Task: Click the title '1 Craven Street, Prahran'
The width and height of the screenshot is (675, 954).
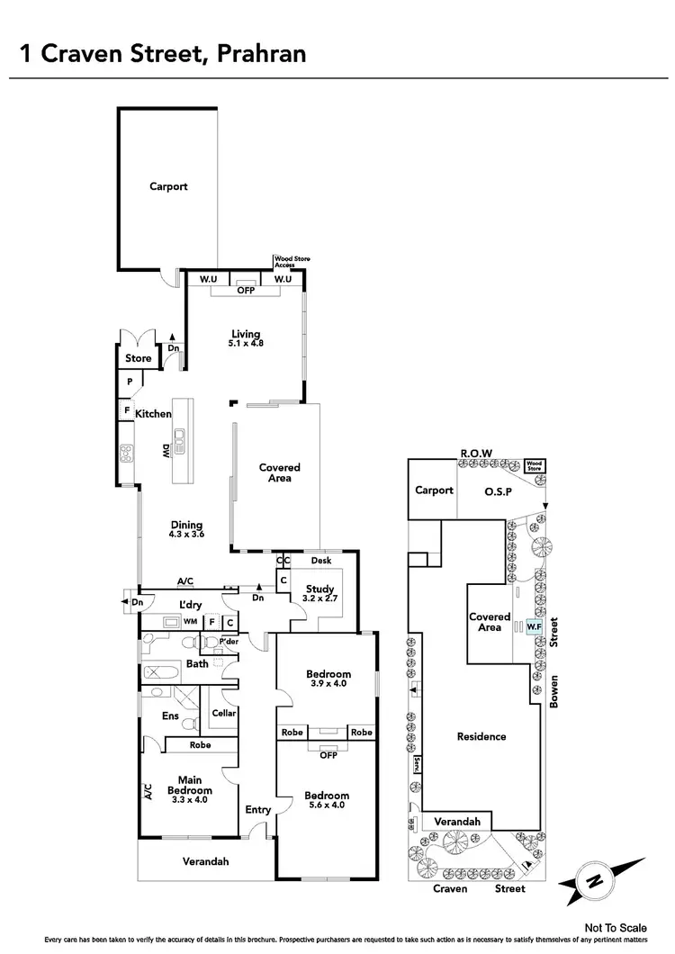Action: pyautogui.click(x=163, y=53)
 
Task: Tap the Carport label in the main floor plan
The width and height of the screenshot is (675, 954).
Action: pyautogui.click(x=168, y=186)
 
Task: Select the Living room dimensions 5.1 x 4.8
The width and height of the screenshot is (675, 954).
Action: pyautogui.click(x=246, y=343)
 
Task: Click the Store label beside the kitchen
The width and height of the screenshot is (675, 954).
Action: pyautogui.click(x=138, y=358)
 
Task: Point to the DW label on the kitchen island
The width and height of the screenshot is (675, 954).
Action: pyautogui.click(x=166, y=452)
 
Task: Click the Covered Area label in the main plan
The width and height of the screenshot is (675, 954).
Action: pyautogui.click(x=279, y=472)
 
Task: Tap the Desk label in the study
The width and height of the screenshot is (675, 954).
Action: pyautogui.click(x=320, y=561)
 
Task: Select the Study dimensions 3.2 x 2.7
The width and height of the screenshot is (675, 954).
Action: pyautogui.click(x=319, y=598)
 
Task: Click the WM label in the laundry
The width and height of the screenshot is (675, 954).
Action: pyautogui.click(x=190, y=621)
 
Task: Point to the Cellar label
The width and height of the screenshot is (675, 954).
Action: pyautogui.click(x=224, y=713)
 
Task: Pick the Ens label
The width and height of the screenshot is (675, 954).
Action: pyautogui.click(x=170, y=716)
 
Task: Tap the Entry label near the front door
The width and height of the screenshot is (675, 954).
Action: pyautogui.click(x=257, y=810)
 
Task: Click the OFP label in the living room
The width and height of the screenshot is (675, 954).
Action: pyautogui.click(x=246, y=291)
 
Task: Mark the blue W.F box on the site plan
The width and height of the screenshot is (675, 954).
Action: pyautogui.click(x=534, y=626)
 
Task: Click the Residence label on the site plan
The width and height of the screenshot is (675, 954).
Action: pyautogui.click(x=481, y=736)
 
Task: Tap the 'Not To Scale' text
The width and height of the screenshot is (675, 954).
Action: pyautogui.click(x=615, y=927)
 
